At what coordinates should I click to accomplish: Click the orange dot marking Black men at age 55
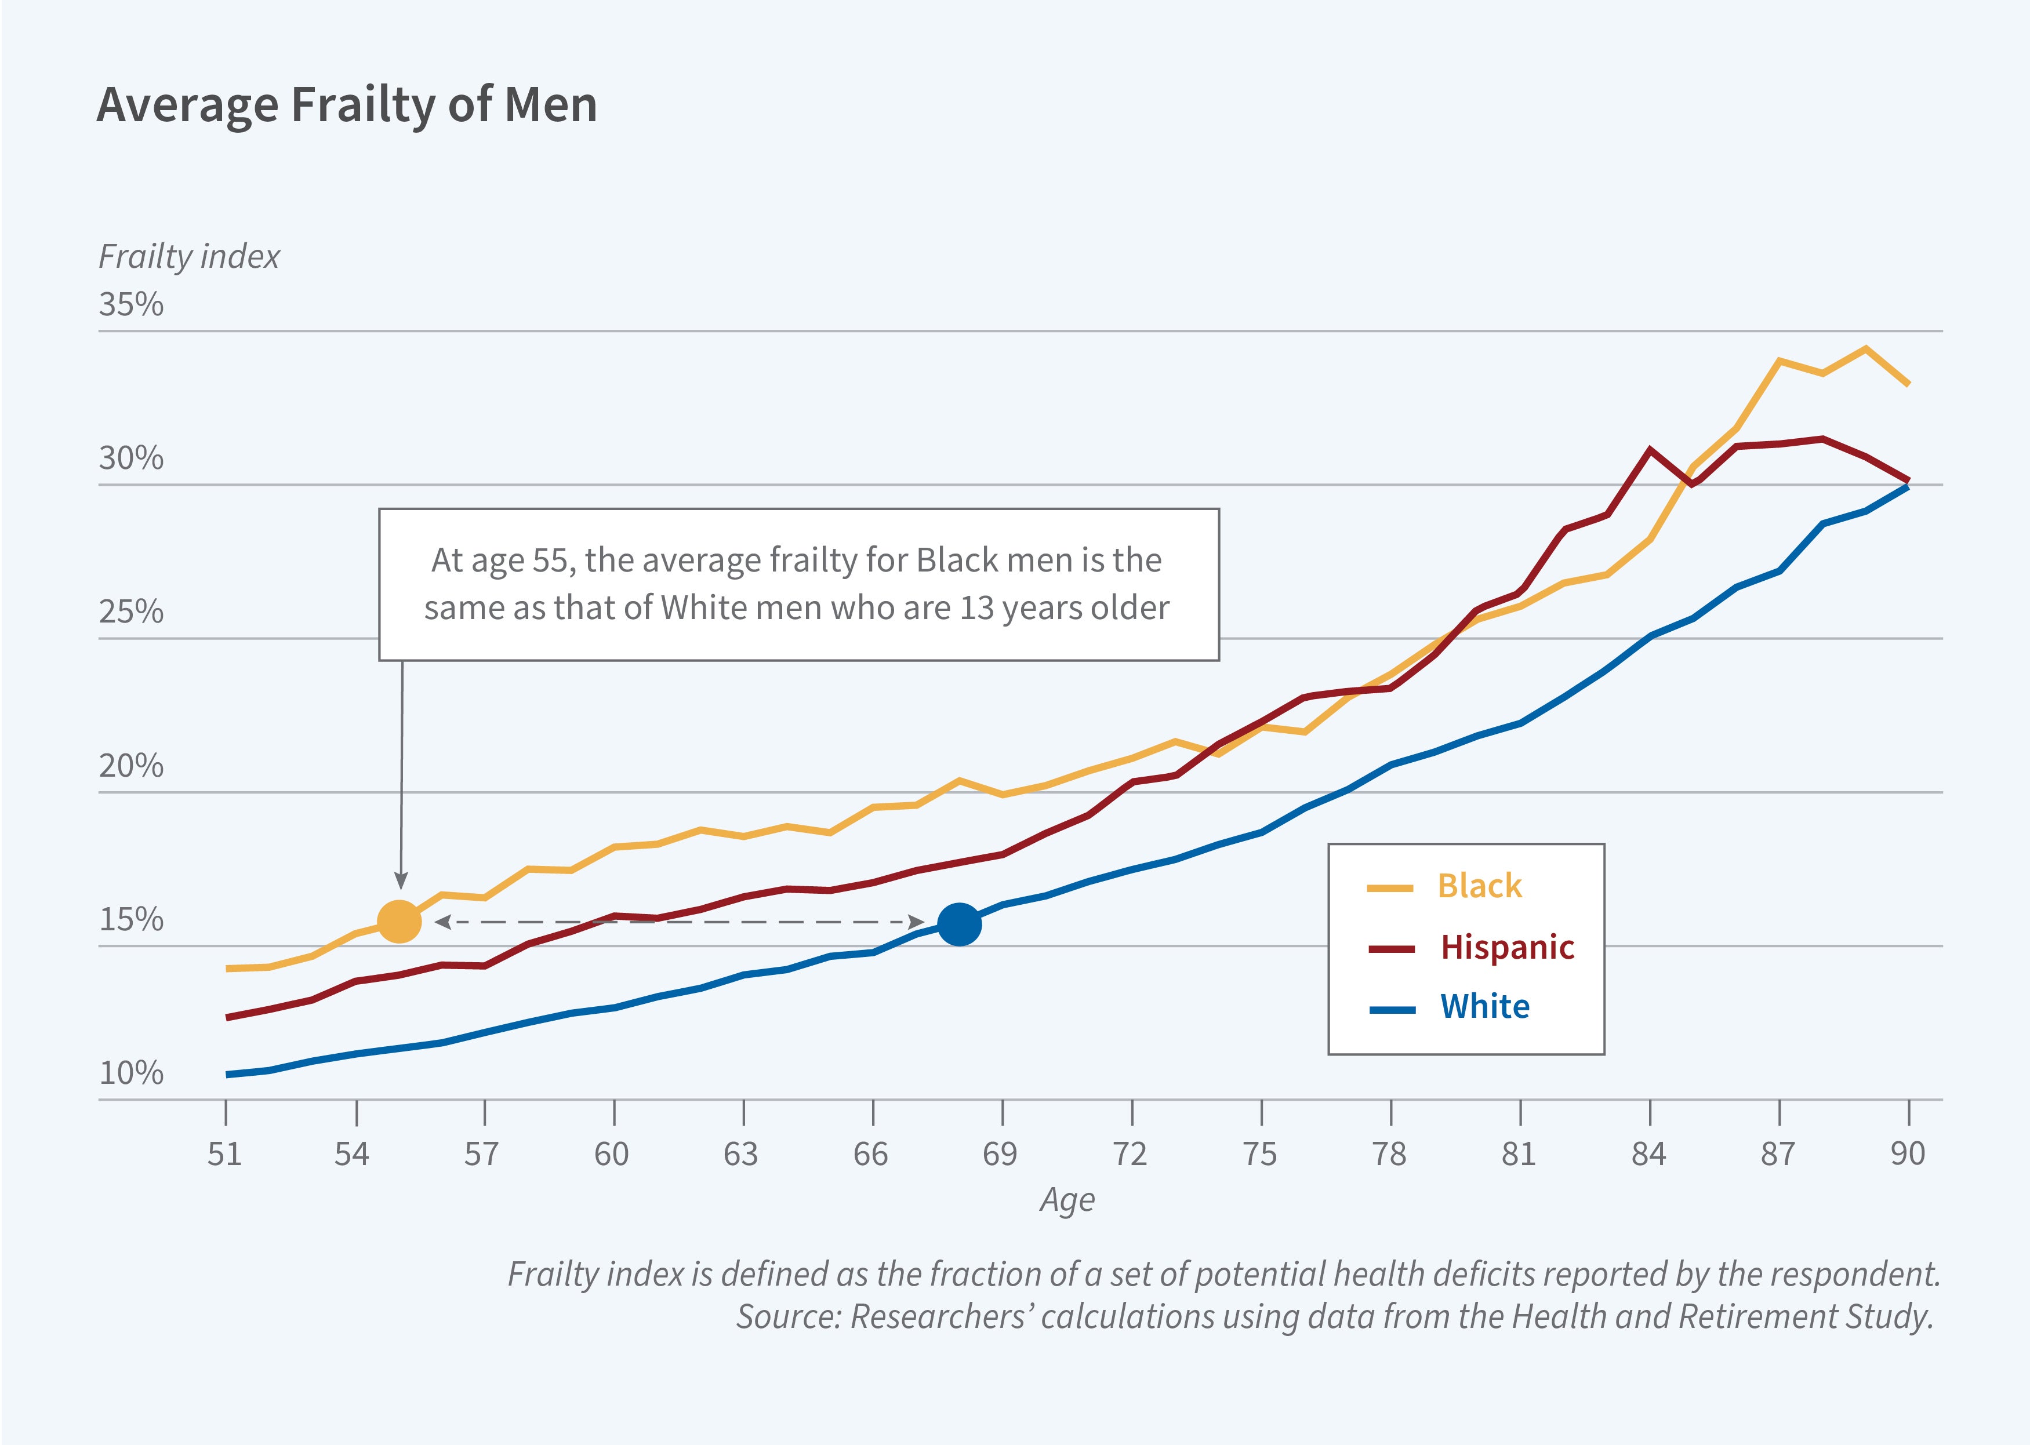click(399, 921)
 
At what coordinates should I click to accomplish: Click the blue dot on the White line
click(960, 923)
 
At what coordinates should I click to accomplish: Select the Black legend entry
click(1479, 886)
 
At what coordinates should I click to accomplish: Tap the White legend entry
click(1484, 1006)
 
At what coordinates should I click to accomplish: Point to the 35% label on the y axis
click(131, 304)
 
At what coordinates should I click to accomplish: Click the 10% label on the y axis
click(131, 1073)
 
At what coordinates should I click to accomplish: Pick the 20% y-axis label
click(131, 765)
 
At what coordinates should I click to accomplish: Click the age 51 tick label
click(225, 1154)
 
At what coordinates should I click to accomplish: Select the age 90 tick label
click(1907, 1154)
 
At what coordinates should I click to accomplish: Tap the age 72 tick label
click(1130, 1154)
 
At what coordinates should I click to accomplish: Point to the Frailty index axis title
click(188, 256)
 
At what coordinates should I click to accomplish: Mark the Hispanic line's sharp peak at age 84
click(1651, 450)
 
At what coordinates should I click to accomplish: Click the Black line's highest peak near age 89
click(1865, 349)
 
